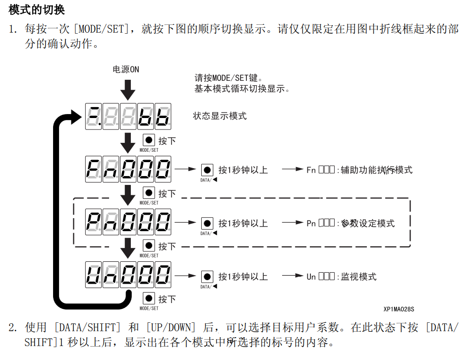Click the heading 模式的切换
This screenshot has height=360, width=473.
click(x=37, y=9)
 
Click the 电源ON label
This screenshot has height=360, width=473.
click(x=126, y=69)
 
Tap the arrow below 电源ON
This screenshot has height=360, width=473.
click(x=128, y=89)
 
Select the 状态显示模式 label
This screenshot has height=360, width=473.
click(x=220, y=116)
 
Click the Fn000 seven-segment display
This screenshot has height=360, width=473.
click(x=128, y=170)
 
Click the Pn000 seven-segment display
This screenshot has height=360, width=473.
click(x=128, y=223)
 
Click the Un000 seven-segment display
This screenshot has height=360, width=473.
click(x=128, y=275)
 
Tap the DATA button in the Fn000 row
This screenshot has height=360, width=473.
click(x=207, y=170)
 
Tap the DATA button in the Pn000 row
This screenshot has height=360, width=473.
click(x=207, y=223)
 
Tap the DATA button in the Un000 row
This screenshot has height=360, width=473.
click(x=207, y=277)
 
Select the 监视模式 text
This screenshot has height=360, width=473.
click(x=358, y=277)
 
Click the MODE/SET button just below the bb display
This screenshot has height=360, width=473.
click(x=149, y=140)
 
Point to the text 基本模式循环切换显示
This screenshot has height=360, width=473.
click(x=241, y=89)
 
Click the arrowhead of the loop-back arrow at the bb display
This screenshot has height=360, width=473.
click(x=74, y=117)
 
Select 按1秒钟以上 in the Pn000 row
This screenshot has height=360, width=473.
click(x=243, y=223)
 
